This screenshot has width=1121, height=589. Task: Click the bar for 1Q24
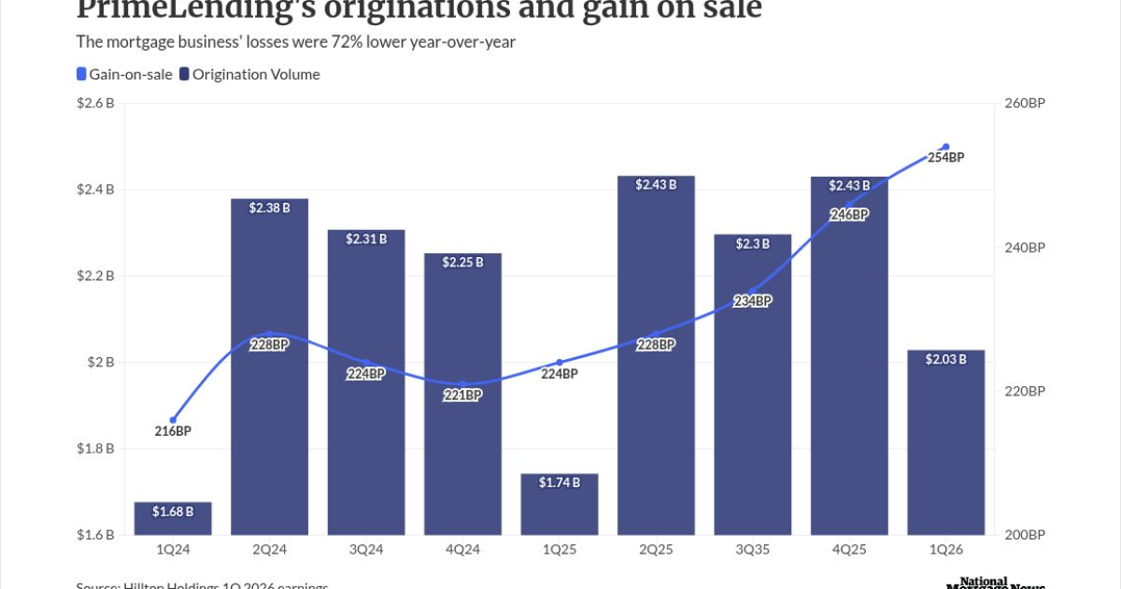click(x=173, y=519)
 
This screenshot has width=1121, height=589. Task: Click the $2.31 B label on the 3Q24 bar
click(x=366, y=239)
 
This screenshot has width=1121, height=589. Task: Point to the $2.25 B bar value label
click(x=463, y=263)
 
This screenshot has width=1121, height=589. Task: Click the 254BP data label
click(x=945, y=157)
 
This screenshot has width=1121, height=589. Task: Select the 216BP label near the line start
click(x=173, y=431)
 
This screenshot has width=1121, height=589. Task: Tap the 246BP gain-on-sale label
click(x=849, y=214)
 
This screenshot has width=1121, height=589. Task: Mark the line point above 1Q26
click(x=945, y=147)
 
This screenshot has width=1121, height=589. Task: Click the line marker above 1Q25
click(x=560, y=363)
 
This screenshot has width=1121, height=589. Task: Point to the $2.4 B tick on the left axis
click(x=96, y=190)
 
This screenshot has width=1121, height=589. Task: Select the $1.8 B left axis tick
click(x=96, y=449)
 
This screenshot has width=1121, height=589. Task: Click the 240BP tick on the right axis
click(x=1025, y=248)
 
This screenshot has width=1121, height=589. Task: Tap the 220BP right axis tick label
click(x=1025, y=392)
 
